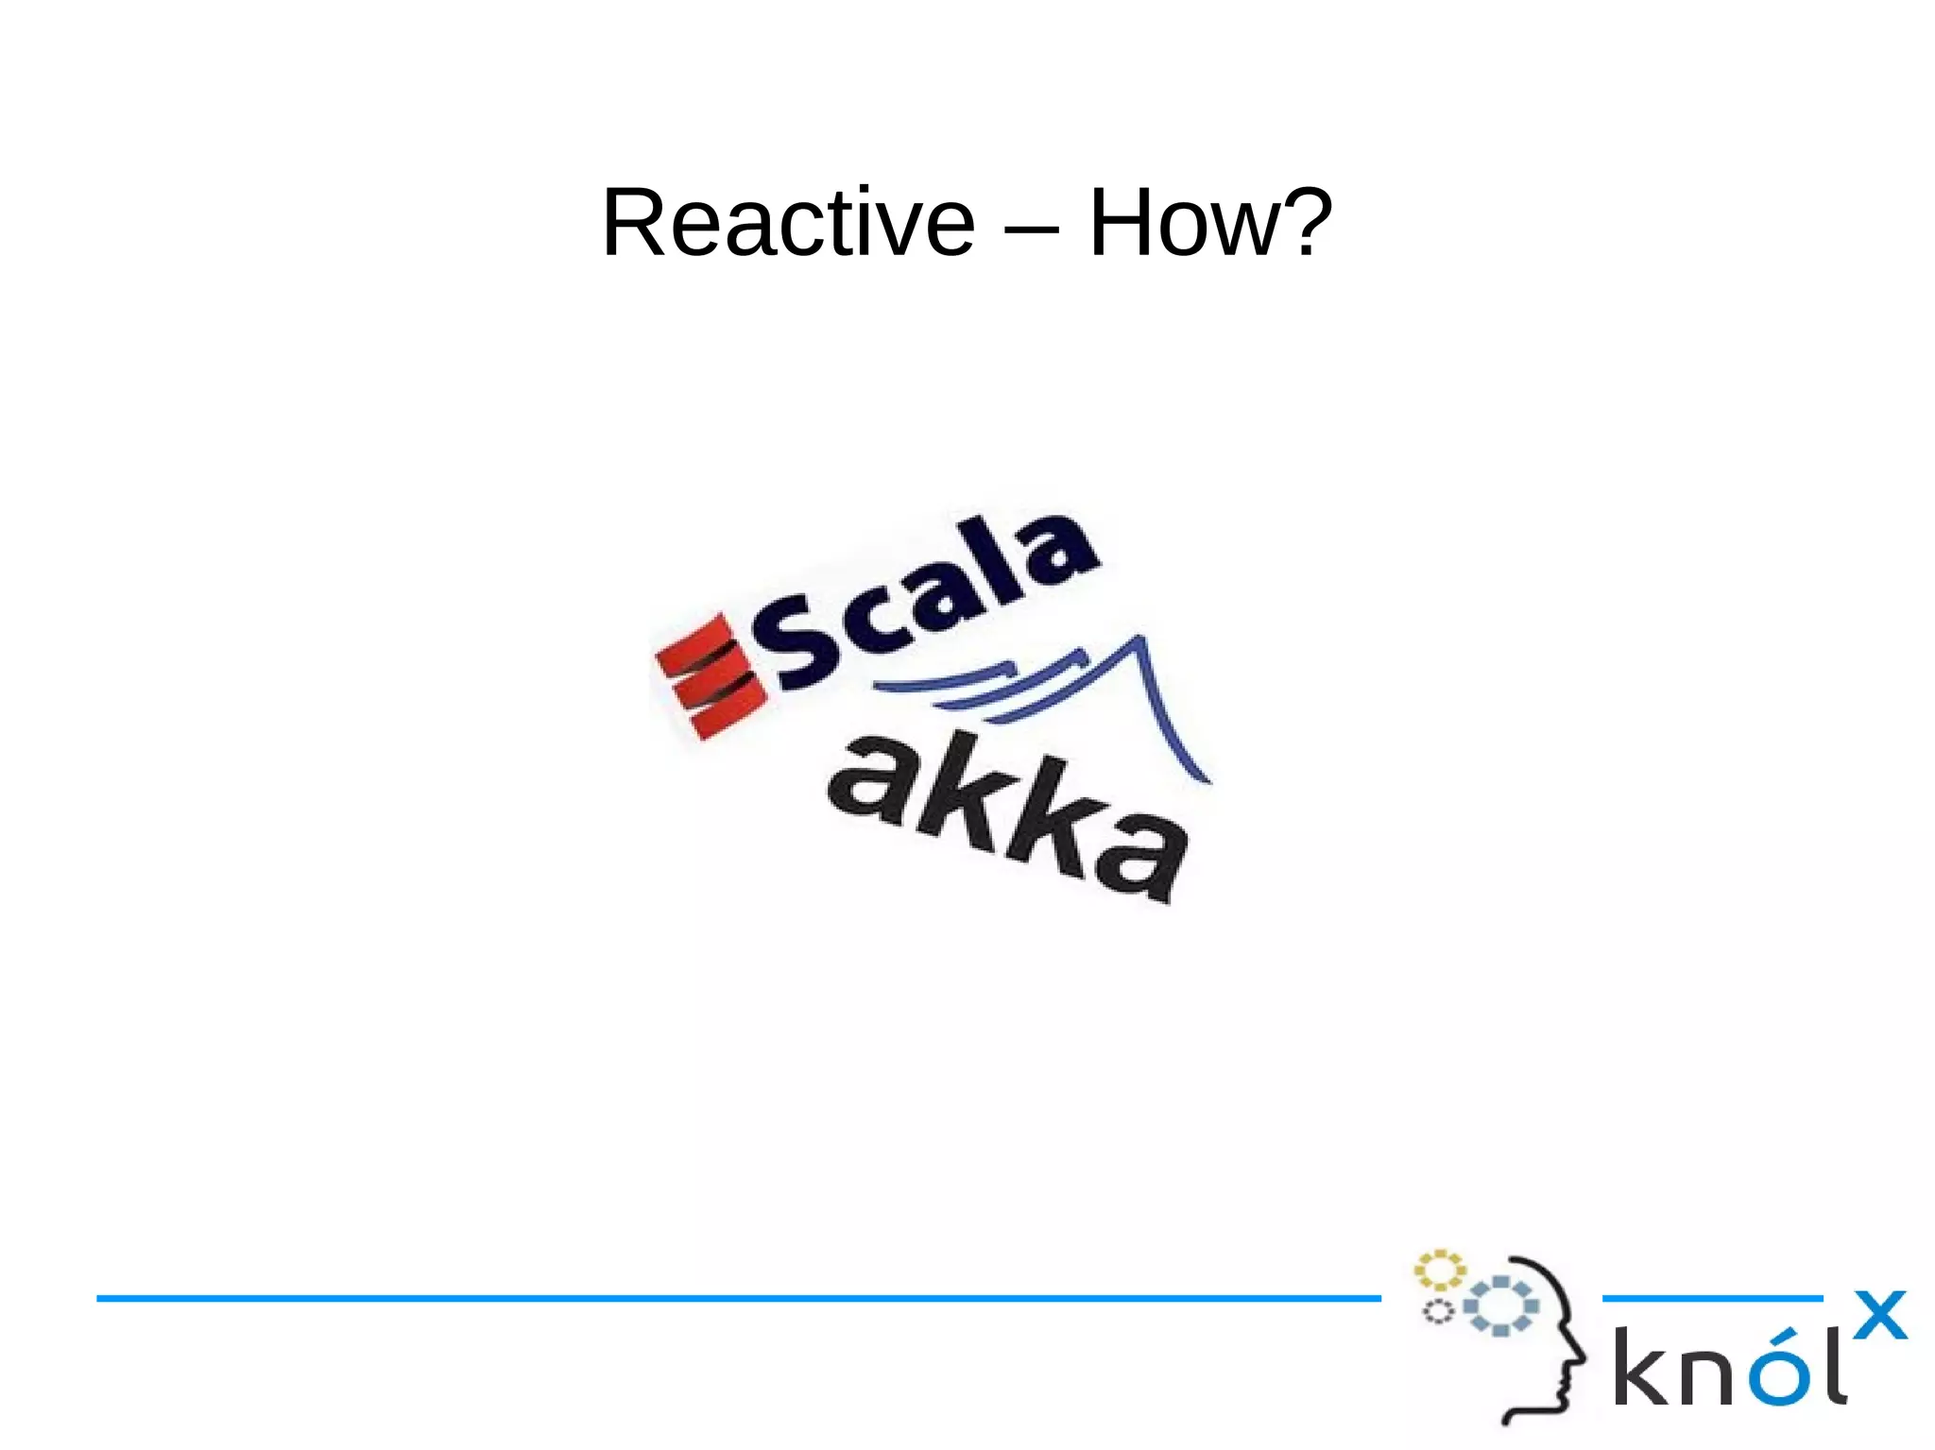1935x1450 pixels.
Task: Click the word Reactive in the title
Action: click(x=788, y=223)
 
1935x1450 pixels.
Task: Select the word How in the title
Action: click(x=1179, y=223)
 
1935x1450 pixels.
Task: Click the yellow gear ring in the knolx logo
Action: click(x=1439, y=1270)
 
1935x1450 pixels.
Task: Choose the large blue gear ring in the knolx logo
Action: click(x=1500, y=1305)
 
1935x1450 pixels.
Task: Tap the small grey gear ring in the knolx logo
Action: click(x=1438, y=1311)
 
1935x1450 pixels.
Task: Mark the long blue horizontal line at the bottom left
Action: click(x=737, y=1298)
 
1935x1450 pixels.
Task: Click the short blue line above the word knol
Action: click(x=1712, y=1298)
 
